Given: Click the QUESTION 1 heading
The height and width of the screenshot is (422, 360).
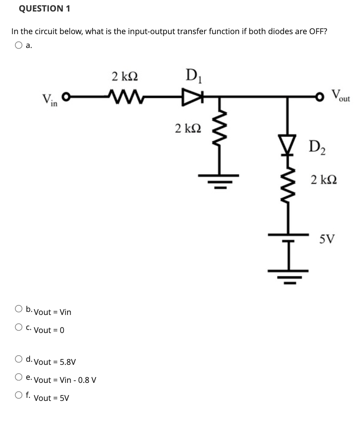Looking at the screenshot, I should coord(45,9).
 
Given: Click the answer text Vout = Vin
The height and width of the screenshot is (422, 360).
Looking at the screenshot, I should coord(53,312).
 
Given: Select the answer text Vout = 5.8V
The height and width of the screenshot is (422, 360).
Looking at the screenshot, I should coord(55,362).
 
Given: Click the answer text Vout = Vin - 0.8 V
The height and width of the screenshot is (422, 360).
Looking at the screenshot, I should coord(65,380).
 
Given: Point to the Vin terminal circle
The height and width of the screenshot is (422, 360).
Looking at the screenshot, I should coord(66,97).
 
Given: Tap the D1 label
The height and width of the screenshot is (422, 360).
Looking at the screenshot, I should coord(192,74).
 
